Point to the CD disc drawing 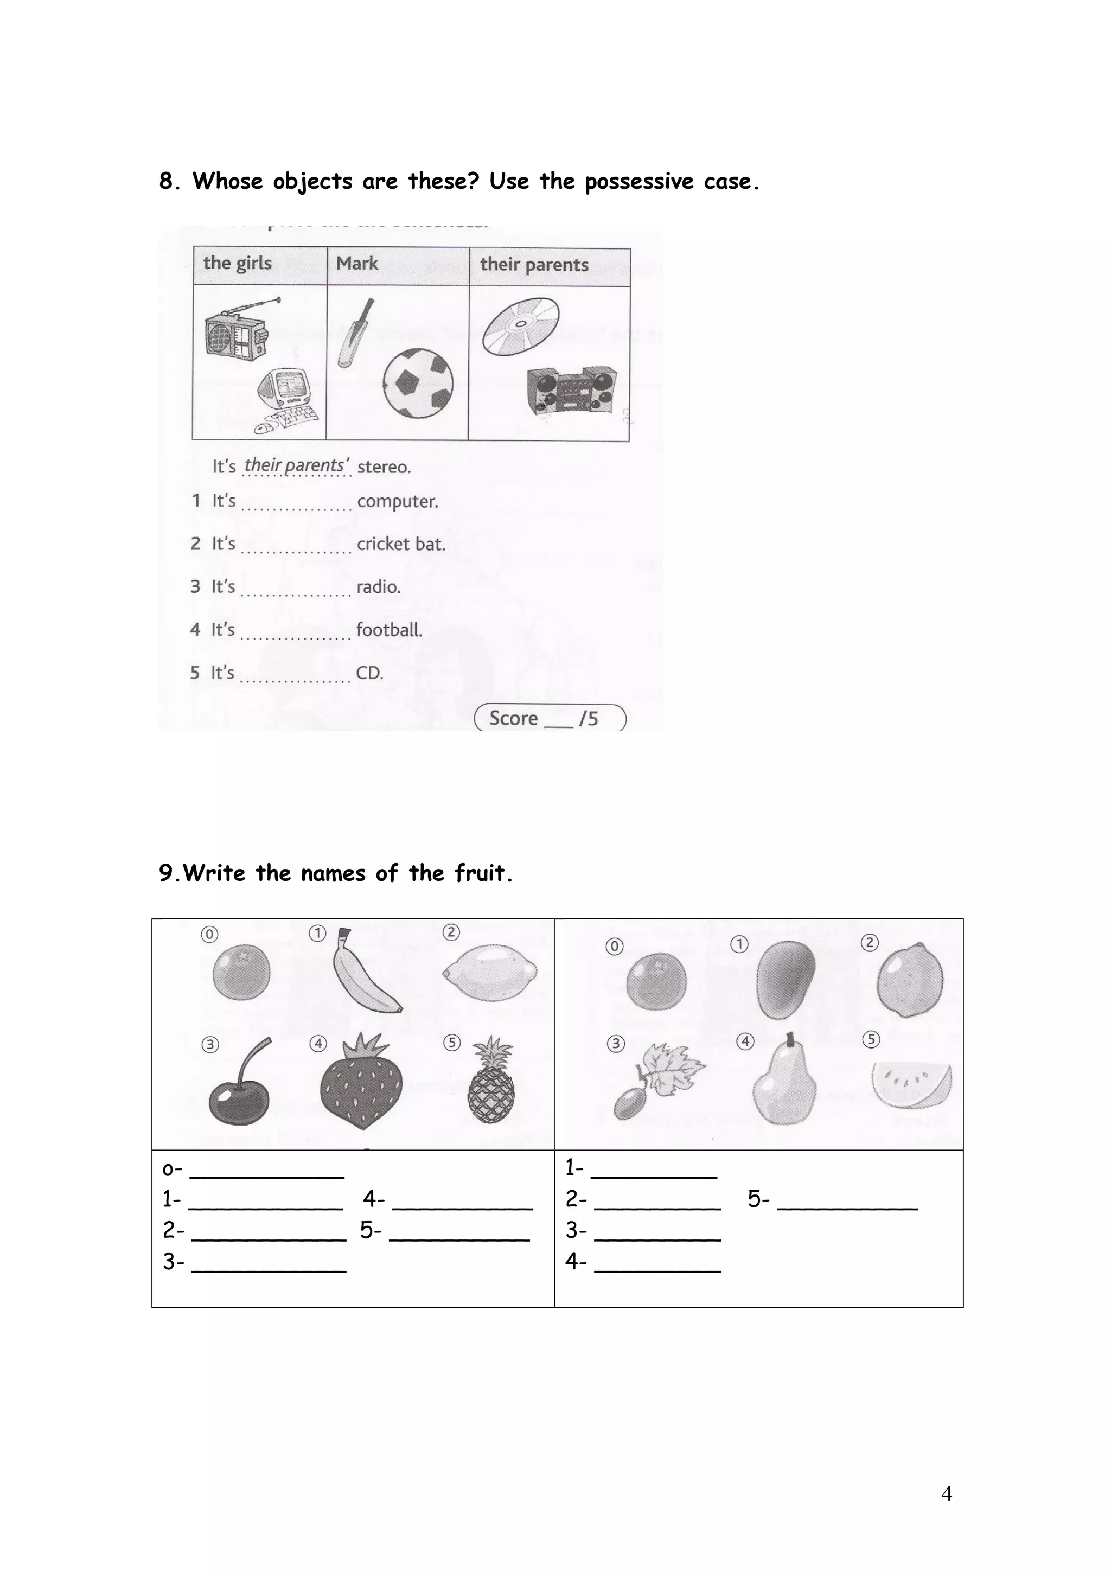tap(520, 326)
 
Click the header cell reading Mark tap(357, 264)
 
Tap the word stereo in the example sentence tap(384, 467)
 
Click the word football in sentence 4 tap(389, 630)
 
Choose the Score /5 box tap(550, 718)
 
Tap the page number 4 tap(947, 1493)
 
